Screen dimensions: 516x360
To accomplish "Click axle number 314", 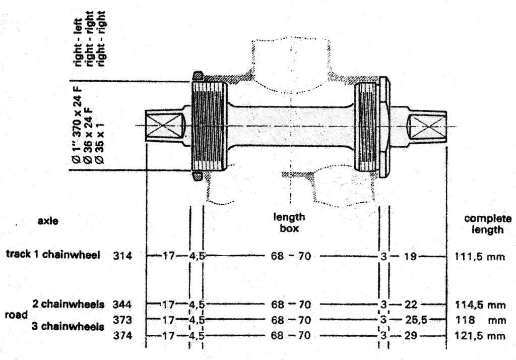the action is click(x=122, y=256).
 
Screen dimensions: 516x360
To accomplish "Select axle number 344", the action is click(x=122, y=305).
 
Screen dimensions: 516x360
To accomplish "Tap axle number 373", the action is click(x=122, y=320).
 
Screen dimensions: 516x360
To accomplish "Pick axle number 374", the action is click(x=122, y=336).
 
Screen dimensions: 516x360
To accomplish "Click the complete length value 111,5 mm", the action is click(x=480, y=256).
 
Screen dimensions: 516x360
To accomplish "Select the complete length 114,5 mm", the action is click(x=480, y=305).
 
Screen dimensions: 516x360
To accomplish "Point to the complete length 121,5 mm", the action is click(x=480, y=336).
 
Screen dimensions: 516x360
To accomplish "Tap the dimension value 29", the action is click(x=411, y=336).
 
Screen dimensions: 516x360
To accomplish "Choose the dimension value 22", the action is click(x=411, y=305).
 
